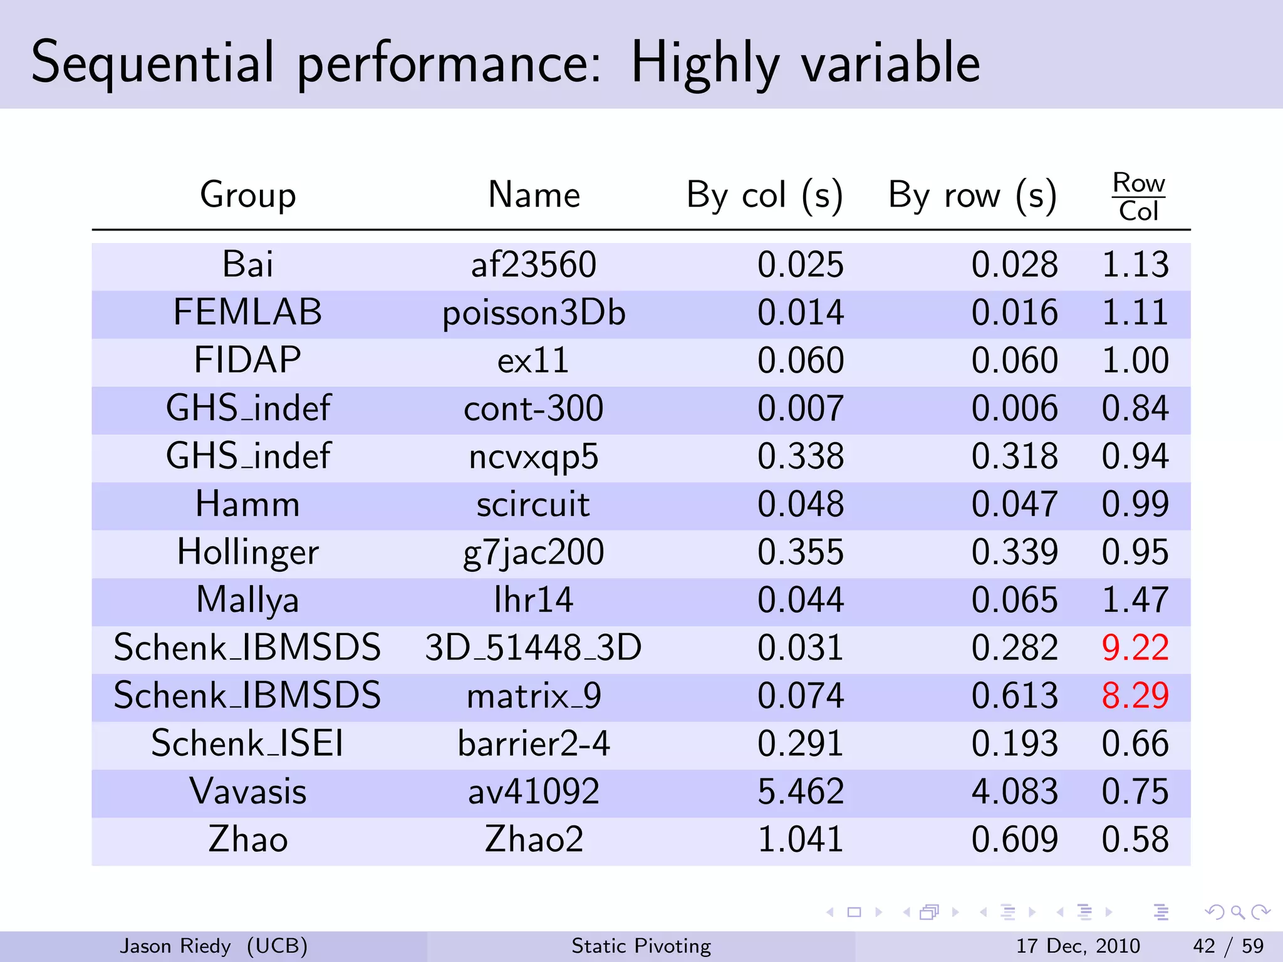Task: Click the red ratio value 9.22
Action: (x=1135, y=648)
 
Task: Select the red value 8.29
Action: (x=1135, y=696)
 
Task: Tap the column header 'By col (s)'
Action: (x=764, y=195)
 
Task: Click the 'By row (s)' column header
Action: (x=972, y=195)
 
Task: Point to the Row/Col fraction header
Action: (x=1138, y=197)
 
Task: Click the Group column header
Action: (x=248, y=195)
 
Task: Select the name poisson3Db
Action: (x=534, y=313)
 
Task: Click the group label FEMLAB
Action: (x=248, y=312)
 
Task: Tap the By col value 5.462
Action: (x=800, y=792)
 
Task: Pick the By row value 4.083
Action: (x=1014, y=792)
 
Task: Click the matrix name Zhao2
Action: (x=534, y=839)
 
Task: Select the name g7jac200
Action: (x=534, y=552)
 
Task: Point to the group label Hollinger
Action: (x=248, y=552)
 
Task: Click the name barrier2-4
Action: (x=534, y=744)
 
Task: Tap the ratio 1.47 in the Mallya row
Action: (x=1135, y=600)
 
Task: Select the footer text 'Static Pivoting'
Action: (x=641, y=946)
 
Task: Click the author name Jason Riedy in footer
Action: (x=175, y=946)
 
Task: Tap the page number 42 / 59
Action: (x=1228, y=946)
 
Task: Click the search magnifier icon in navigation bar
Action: (x=1237, y=913)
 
